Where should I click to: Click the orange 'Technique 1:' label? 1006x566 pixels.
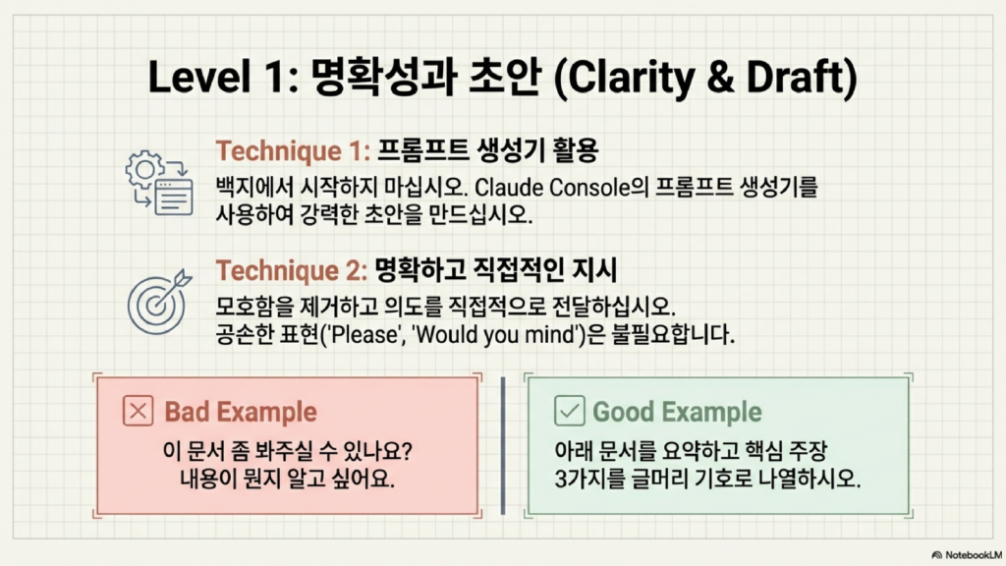(x=293, y=151)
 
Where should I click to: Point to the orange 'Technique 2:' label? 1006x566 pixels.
(x=291, y=271)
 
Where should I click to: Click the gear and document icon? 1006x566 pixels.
(x=159, y=183)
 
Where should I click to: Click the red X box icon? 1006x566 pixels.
(x=138, y=411)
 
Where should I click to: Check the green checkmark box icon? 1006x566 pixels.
(x=569, y=411)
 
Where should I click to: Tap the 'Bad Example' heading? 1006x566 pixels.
(x=241, y=412)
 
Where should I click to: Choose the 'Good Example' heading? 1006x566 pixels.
(x=677, y=412)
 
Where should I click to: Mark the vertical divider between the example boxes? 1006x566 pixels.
(x=503, y=445)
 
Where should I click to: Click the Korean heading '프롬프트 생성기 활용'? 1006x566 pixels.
(x=487, y=150)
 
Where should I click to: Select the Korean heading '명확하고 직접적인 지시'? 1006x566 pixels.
(x=495, y=270)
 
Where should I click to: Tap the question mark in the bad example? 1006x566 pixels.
(x=406, y=450)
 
